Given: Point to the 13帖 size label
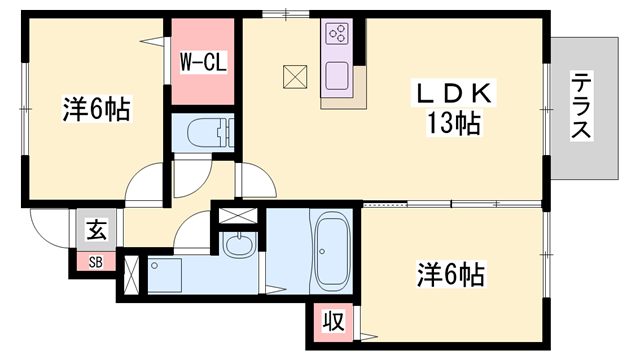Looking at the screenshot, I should click(x=452, y=125).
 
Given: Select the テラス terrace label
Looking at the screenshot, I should click(x=581, y=106).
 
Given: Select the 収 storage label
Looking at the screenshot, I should click(x=333, y=323).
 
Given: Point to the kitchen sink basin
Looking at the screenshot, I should click(x=335, y=76).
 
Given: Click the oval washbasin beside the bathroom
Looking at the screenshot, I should click(x=238, y=243).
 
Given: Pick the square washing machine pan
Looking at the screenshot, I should click(x=163, y=272).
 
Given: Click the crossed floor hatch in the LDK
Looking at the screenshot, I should click(x=295, y=75).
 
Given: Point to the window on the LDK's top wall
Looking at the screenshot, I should click(x=283, y=12).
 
